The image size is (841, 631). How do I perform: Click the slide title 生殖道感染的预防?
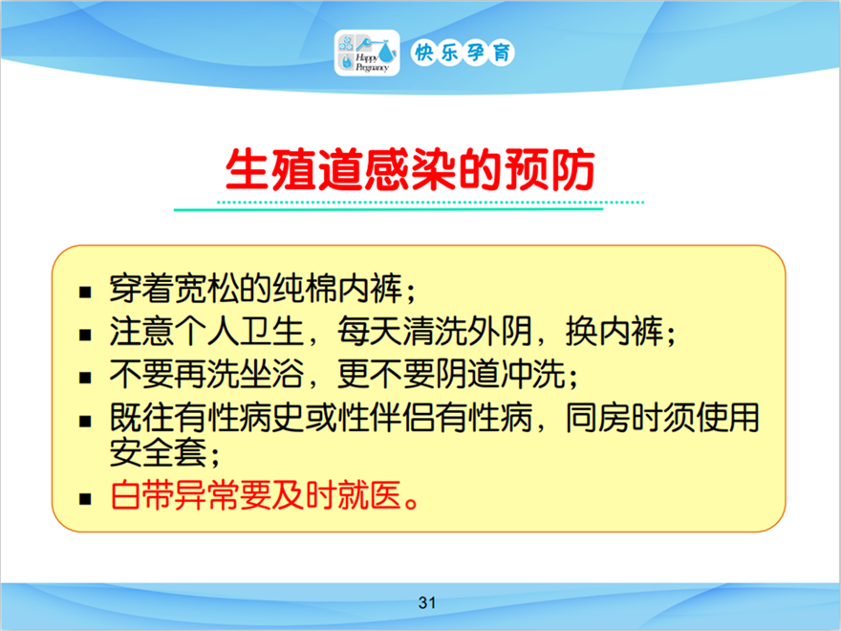(x=410, y=169)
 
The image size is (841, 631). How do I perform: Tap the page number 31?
(x=427, y=602)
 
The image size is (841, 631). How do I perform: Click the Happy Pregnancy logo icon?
(x=367, y=53)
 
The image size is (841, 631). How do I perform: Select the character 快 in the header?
(x=423, y=53)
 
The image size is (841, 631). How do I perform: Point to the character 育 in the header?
(x=502, y=53)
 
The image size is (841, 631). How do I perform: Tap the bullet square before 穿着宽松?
(x=85, y=293)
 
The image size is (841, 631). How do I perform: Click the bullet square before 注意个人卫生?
(x=85, y=336)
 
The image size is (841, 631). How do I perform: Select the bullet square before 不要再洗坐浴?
(x=85, y=378)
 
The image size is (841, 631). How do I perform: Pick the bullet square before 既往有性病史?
(x=85, y=422)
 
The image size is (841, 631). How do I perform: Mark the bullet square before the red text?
(x=85, y=499)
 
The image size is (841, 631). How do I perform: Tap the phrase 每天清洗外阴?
(x=435, y=331)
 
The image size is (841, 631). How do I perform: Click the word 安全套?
(x=159, y=452)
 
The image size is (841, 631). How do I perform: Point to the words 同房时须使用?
(x=662, y=417)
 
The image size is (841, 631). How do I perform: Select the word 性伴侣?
(x=386, y=417)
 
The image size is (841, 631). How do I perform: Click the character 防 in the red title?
(x=572, y=169)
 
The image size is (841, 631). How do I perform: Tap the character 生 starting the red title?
(x=248, y=169)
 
